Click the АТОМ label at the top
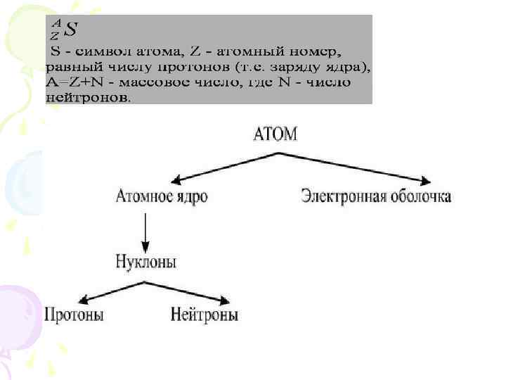275,134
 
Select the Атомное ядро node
162,196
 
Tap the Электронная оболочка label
376,196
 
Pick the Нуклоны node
146,262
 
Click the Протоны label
74,315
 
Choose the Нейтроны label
205,315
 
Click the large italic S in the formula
70,30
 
